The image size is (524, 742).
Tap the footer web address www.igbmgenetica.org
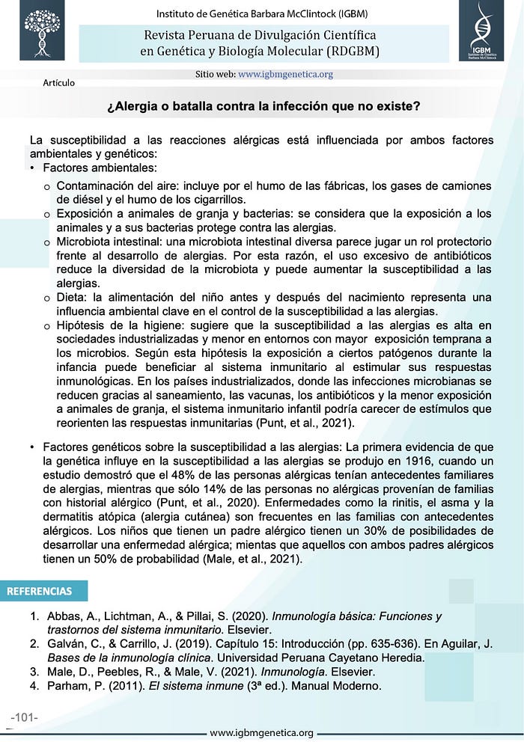pos(261,732)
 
